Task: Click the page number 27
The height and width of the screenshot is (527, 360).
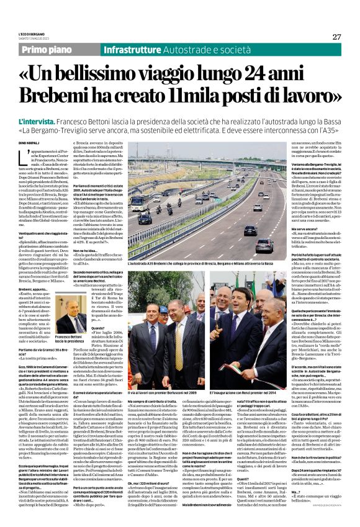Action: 337,37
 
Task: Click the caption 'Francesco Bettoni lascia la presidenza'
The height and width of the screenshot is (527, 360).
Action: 70,338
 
